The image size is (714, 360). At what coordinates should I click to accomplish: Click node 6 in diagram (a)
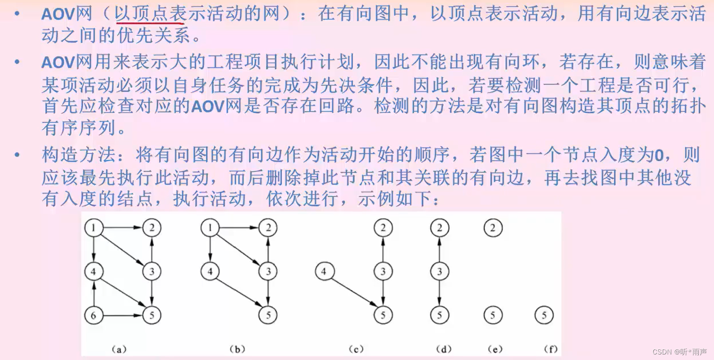pos(94,316)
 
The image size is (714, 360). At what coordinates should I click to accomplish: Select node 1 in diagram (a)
pos(94,228)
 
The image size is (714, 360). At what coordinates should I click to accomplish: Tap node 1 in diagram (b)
pos(210,228)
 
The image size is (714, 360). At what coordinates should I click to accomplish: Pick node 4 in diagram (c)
pos(324,272)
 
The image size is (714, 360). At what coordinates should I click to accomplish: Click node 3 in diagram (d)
pos(439,272)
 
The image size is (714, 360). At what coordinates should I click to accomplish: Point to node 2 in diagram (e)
pos(493,228)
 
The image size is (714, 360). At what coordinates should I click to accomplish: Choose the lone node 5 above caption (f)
pos(544,316)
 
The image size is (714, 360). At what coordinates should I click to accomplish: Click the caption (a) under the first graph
pos(119,349)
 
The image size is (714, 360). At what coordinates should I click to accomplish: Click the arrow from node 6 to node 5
pos(122,316)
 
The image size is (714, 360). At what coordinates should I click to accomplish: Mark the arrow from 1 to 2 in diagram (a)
pos(122,228)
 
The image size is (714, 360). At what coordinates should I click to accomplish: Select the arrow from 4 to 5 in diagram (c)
pos(354,294)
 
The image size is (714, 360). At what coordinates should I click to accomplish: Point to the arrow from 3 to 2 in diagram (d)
pos(439,249)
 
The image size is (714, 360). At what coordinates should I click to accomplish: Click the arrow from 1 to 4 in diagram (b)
pos(210,250)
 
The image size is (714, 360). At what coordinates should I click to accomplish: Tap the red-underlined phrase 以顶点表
pos(150,15)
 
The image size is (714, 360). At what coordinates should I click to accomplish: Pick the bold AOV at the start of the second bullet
pos(58,62)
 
